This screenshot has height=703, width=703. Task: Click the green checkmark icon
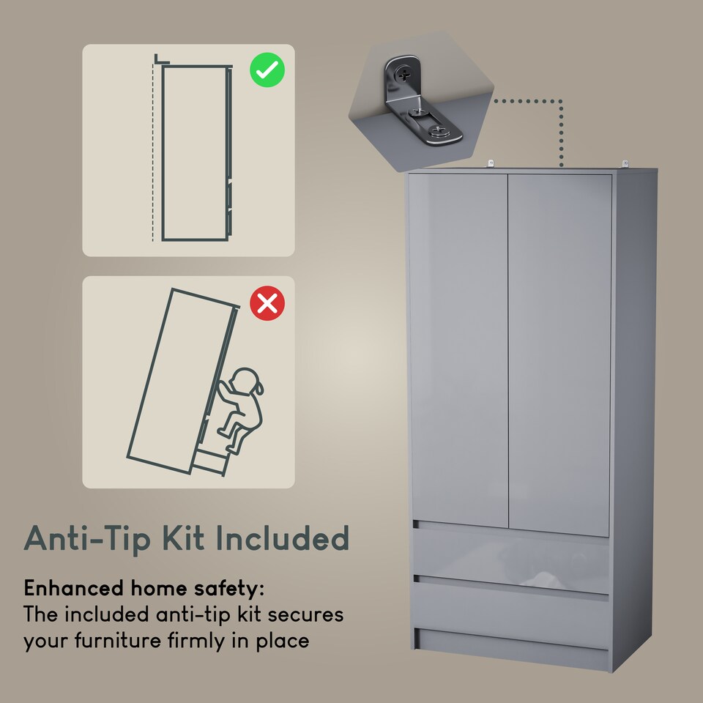coord(267,71)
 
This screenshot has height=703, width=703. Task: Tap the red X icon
coord(267,302)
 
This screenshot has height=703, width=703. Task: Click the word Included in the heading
coord(281,538)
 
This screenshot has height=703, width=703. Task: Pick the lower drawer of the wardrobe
coord(510,611)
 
